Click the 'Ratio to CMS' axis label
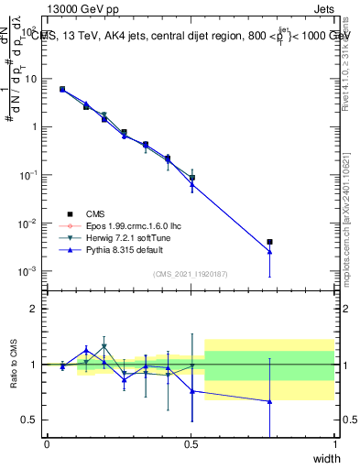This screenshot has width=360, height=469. click(15, 365)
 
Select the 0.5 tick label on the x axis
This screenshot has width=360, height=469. click(191, 444)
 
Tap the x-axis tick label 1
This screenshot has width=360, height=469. click(335, 444)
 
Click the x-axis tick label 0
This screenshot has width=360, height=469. click(47, 444)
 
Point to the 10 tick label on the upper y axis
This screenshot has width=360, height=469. click(31, 79)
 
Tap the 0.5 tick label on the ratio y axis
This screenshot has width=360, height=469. click(31, 420)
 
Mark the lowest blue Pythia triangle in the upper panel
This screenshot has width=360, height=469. click(269, 252)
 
